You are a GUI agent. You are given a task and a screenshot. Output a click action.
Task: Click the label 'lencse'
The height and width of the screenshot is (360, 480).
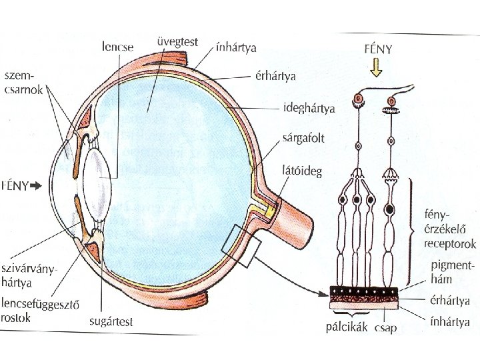click(118, 47)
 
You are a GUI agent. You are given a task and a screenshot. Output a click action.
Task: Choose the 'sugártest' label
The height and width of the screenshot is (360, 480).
click(111, 321)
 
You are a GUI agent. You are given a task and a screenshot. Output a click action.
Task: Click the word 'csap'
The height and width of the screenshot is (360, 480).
click(386, 327)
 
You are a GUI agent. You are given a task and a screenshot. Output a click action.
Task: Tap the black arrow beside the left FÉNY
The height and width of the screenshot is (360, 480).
click(36, 187)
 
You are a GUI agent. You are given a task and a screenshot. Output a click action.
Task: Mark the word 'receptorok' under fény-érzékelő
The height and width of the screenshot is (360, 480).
click(450, 244)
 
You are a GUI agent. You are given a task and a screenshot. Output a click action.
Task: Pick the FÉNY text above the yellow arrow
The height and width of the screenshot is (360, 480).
click(378, 49)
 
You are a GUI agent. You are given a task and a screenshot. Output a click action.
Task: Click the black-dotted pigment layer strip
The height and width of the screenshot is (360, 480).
click(363, 291)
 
